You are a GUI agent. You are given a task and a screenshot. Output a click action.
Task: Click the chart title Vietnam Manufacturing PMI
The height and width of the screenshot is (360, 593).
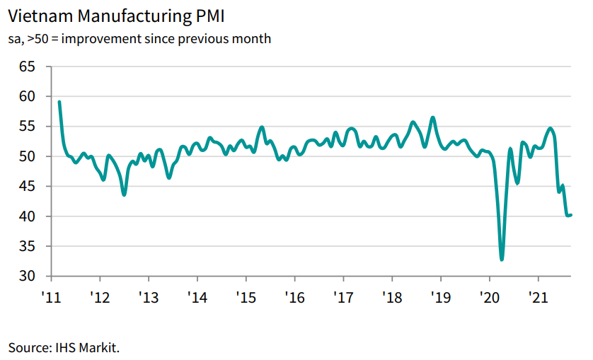tap(116, 14)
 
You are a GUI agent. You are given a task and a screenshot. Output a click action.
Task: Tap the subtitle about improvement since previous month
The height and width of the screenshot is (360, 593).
tap(139, 38)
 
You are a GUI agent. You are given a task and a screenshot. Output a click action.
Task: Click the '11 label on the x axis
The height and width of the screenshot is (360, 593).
tap(51, 296)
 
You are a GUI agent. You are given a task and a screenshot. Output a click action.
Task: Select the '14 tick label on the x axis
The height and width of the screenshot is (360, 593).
tap(197, 296)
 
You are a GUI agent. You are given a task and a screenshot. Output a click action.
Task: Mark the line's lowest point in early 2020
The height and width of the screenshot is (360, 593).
tap(502, 260)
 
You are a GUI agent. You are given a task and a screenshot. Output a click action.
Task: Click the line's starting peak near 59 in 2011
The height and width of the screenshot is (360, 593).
tap(59, 102)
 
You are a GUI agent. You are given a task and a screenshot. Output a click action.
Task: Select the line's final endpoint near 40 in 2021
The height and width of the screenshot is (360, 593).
tap(570, 215)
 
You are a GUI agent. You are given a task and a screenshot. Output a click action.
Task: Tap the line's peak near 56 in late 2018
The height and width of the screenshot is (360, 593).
tap(433, 117)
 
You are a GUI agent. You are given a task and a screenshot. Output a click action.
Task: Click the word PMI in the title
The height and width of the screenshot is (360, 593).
tap(209, 14)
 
